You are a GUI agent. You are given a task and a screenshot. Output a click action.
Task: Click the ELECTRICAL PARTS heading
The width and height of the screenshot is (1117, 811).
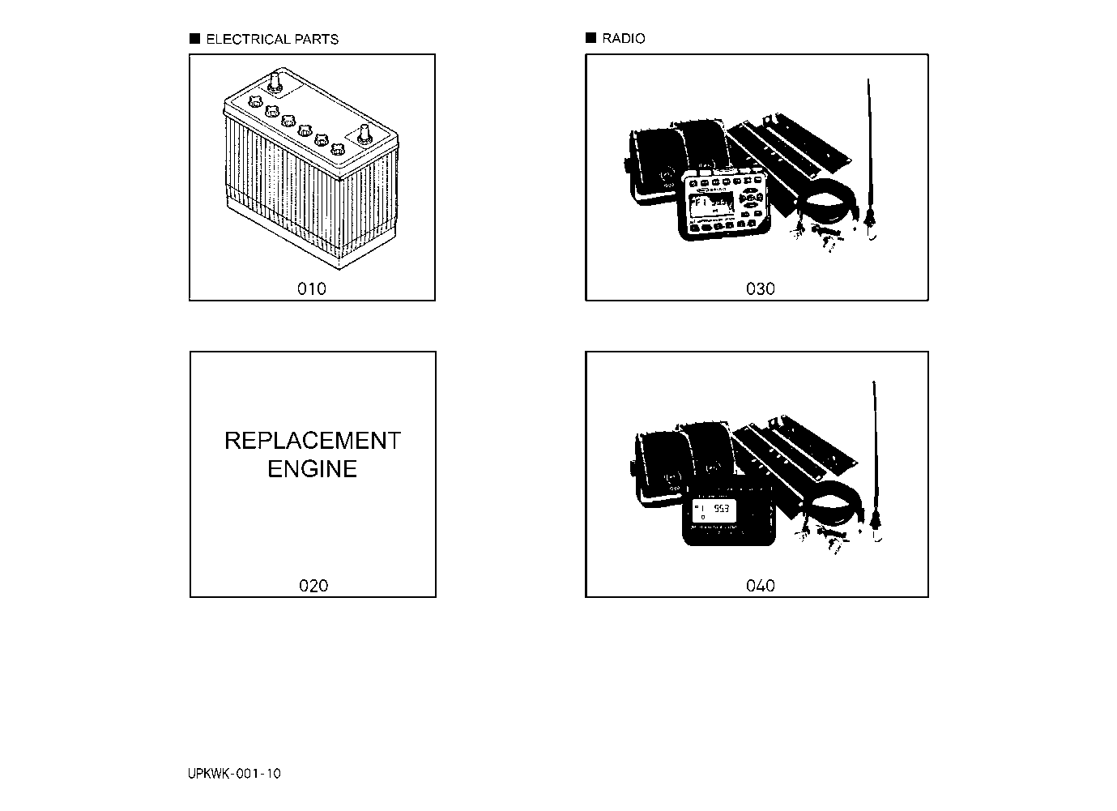[272, 39]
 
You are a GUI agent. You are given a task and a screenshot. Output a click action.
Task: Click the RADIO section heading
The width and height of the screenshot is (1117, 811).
[624, 38]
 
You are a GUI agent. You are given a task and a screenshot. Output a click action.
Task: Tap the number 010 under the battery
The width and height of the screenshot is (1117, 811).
[312, 288]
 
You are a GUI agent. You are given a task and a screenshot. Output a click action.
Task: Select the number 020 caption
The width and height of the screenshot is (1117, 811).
[313, 586]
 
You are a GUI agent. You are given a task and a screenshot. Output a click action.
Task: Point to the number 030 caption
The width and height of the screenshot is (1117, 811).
[761, 288]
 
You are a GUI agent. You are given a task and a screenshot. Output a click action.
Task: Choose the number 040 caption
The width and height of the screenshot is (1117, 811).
[761, 586]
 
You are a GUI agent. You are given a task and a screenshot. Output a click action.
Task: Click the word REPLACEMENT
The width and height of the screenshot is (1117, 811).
[313, 441]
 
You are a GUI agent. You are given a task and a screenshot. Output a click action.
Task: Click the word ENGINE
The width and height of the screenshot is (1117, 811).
[313, 469]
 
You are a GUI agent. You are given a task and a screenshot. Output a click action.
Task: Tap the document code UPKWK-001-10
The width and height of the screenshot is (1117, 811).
[234, 774]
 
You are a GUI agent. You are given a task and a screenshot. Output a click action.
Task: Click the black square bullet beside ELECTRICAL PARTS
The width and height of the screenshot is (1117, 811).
[194, 38]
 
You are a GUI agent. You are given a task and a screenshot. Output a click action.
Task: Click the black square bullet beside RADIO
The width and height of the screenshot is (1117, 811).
[591, 38]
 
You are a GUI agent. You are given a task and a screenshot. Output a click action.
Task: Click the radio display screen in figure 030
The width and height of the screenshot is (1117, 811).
[710, 204]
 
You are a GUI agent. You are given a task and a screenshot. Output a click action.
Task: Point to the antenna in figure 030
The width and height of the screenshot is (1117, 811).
[870, 160]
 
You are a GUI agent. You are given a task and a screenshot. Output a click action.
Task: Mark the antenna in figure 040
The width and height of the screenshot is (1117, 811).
[876, 461]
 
